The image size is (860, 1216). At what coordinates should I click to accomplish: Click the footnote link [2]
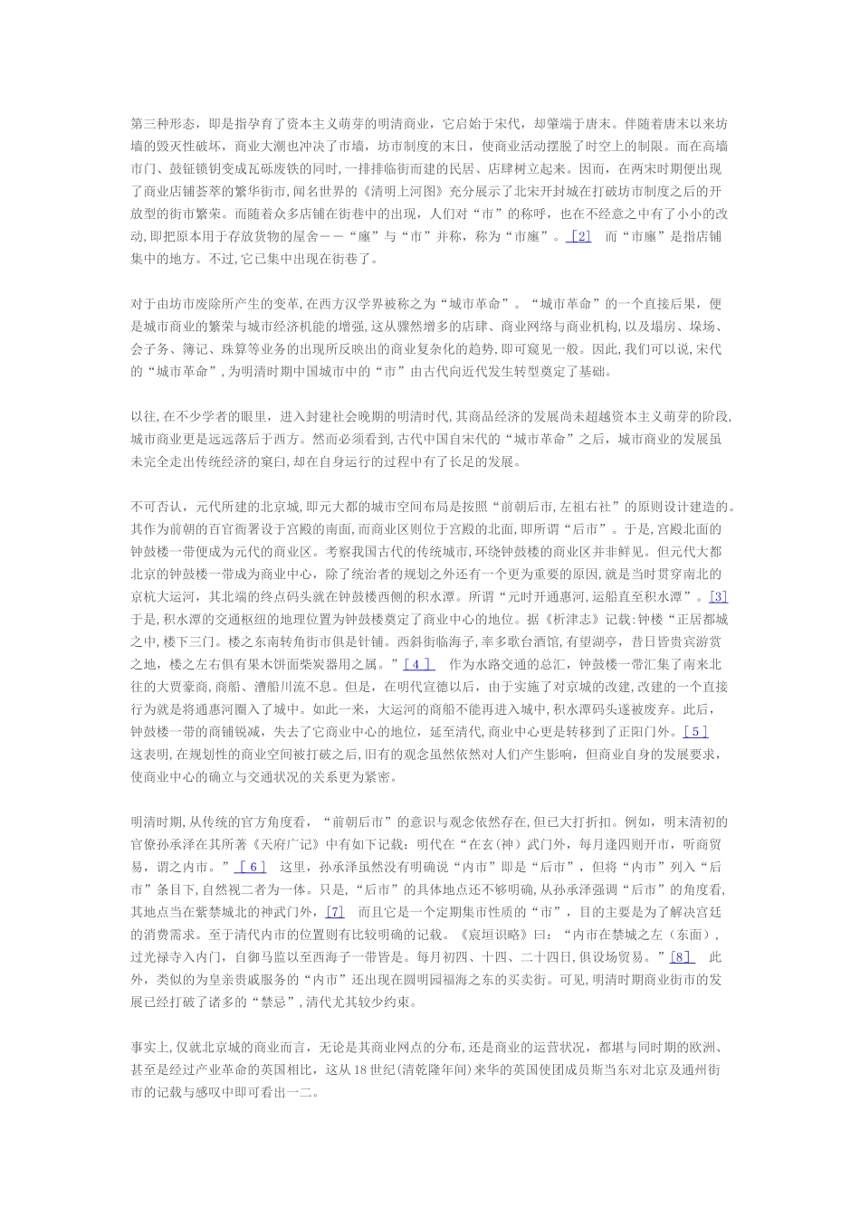(578, 236)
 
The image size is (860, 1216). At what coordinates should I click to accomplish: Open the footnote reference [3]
(718, 596)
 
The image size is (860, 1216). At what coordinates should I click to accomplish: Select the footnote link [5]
(695, 732)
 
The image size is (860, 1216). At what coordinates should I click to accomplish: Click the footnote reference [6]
(250, 866)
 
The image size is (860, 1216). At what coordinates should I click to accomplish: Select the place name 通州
(694, 1069)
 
